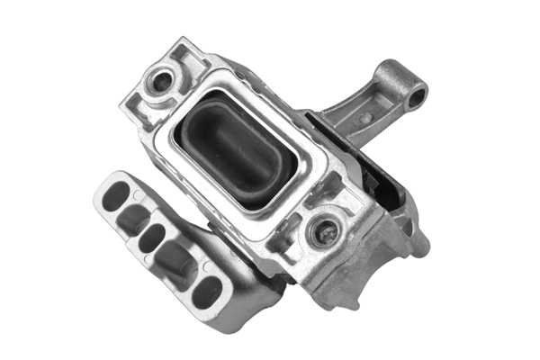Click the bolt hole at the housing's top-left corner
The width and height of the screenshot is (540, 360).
click(x=163, y=81)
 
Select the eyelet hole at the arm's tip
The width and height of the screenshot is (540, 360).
click(x=416, y=97)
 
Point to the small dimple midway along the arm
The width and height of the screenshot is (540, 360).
click(x=366, y=118)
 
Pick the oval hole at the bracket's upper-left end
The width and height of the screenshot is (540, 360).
click(x=116, y=195)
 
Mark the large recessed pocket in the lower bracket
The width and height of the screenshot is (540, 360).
click(x=176, y=261)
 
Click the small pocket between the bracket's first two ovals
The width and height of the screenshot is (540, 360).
click(x=132, y=216)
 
